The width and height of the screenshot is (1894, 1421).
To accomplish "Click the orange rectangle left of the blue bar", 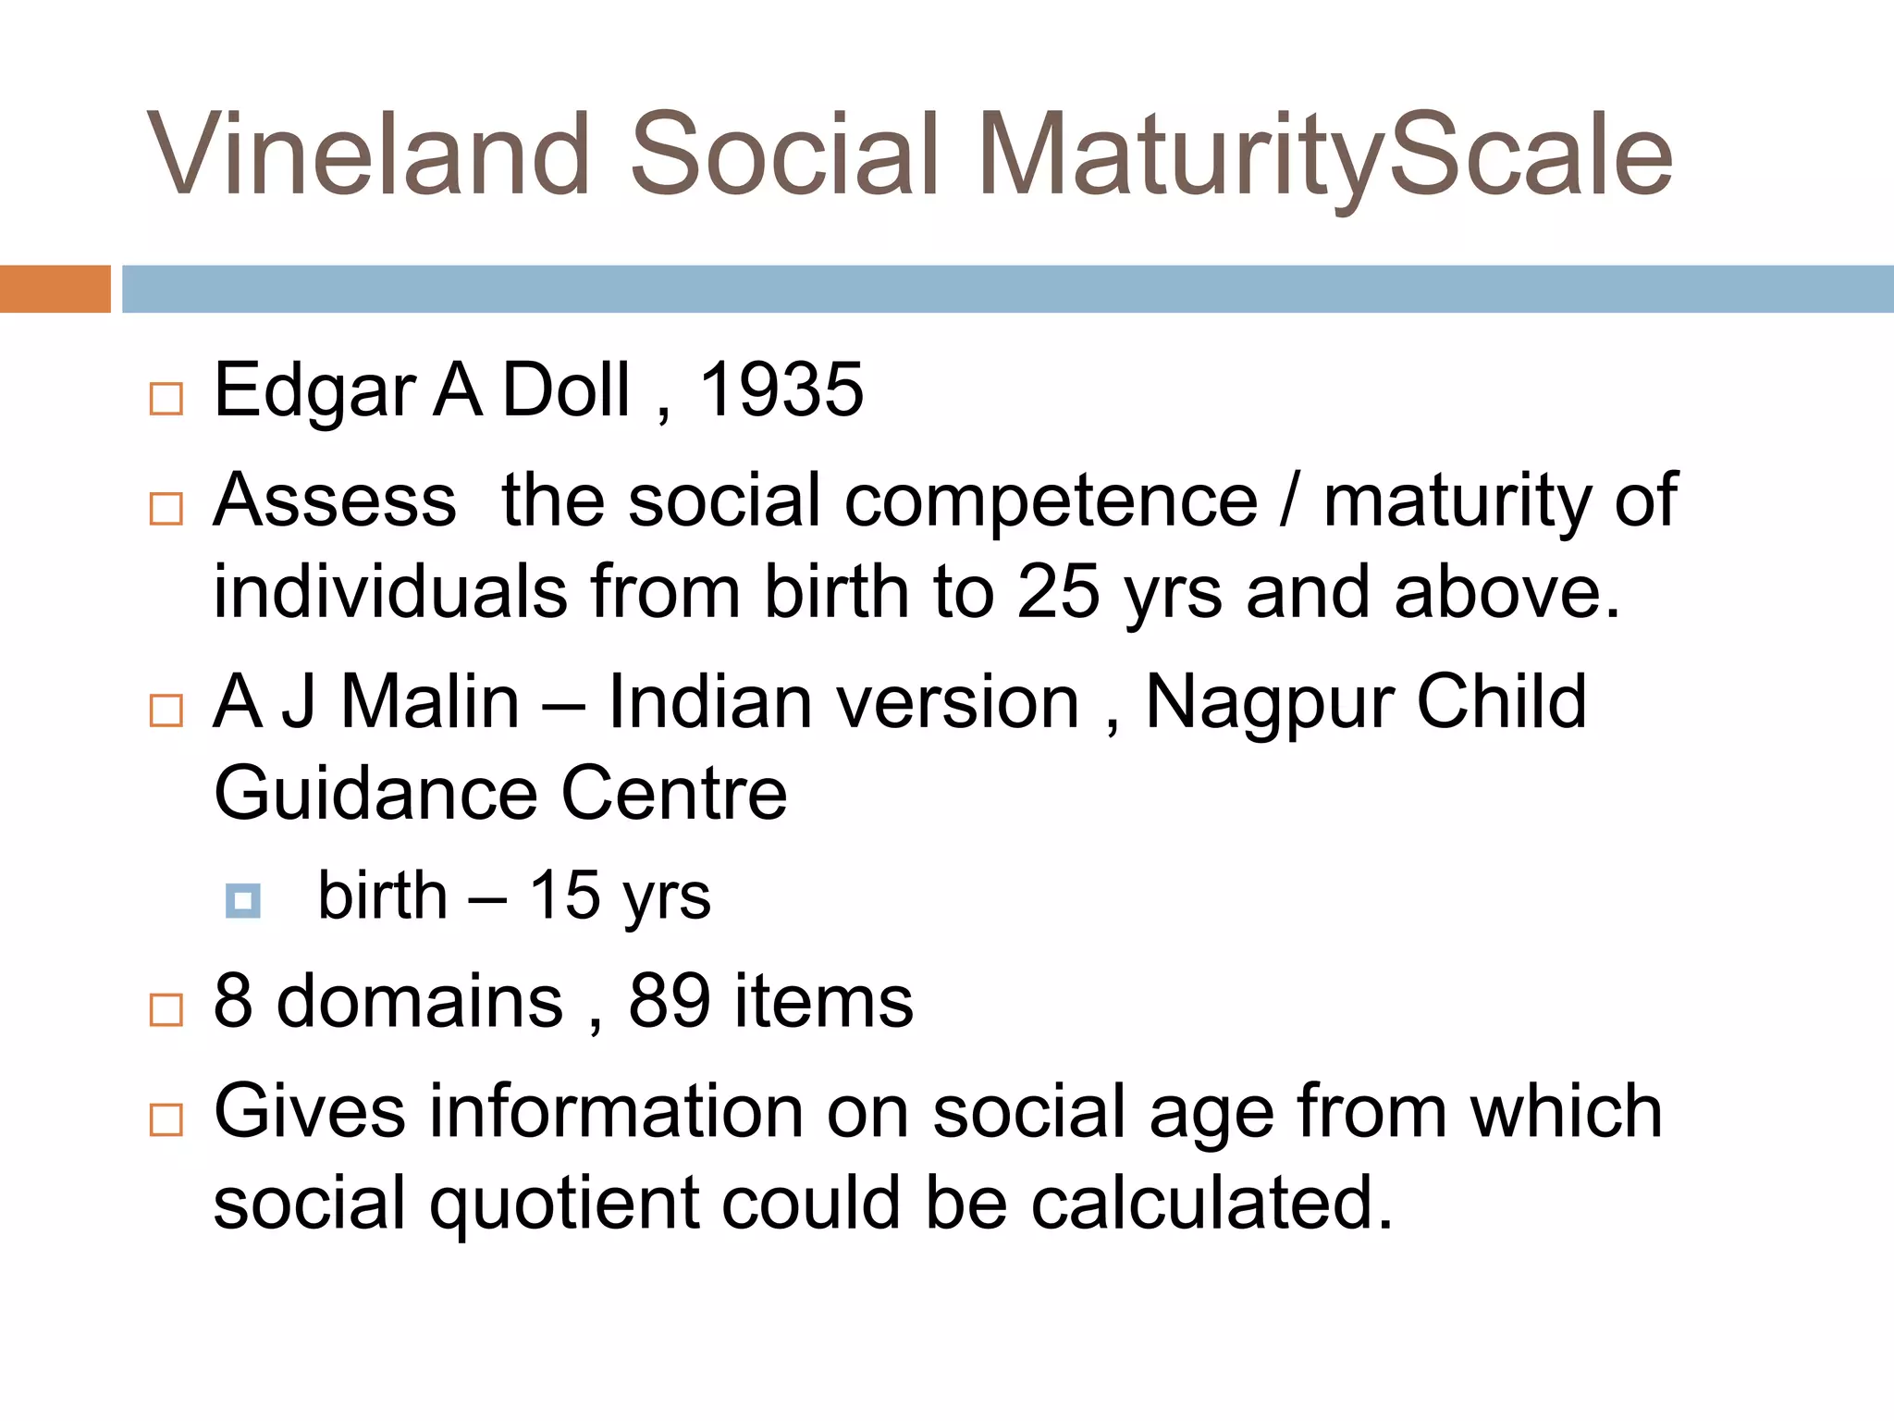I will point(55,289).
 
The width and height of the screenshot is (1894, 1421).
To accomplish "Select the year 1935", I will point(781,390).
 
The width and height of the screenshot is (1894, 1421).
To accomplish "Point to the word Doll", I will point(566,390).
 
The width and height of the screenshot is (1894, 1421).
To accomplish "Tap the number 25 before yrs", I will point(1058,592).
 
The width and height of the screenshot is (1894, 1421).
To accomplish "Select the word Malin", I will point(430,703).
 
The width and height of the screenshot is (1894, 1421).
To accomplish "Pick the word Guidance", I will point(375,794).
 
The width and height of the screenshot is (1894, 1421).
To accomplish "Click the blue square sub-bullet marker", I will point(243,900).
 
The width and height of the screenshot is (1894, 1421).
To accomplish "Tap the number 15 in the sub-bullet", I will point(564,896).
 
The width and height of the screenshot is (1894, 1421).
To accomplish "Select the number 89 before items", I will point(670,1002).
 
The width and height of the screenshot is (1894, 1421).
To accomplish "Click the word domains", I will point(420,1002).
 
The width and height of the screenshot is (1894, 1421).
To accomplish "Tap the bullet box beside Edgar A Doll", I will point(166,399).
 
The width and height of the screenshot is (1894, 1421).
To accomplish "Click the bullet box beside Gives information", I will point(166,1119).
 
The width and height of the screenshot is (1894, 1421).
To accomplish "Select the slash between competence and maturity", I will point(1289,501).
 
